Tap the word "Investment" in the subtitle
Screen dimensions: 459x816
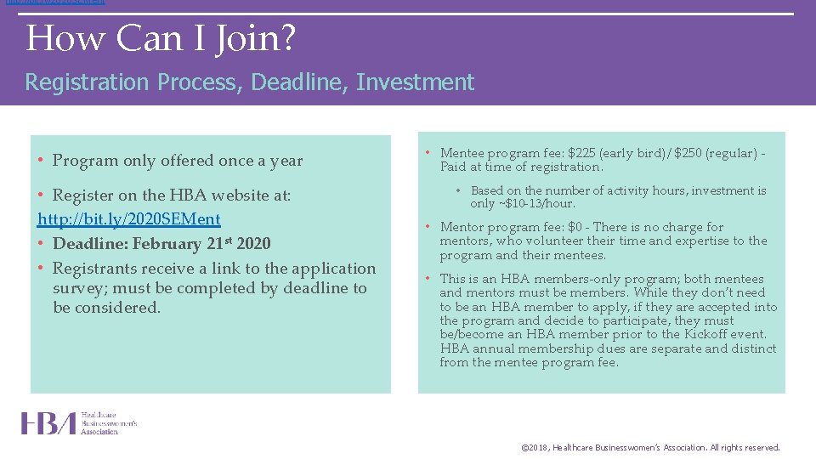(x=415, y=82)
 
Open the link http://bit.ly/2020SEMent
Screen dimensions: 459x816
(x=129, y=219)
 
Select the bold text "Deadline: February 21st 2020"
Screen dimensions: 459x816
(x=161, y=244)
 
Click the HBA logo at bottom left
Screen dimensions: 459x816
(x=79, y=423)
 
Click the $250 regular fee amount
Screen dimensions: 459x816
(x=690, y=154)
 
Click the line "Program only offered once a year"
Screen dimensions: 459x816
(x=177, y=161)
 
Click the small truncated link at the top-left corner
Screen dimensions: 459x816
(x=54, y=3)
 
